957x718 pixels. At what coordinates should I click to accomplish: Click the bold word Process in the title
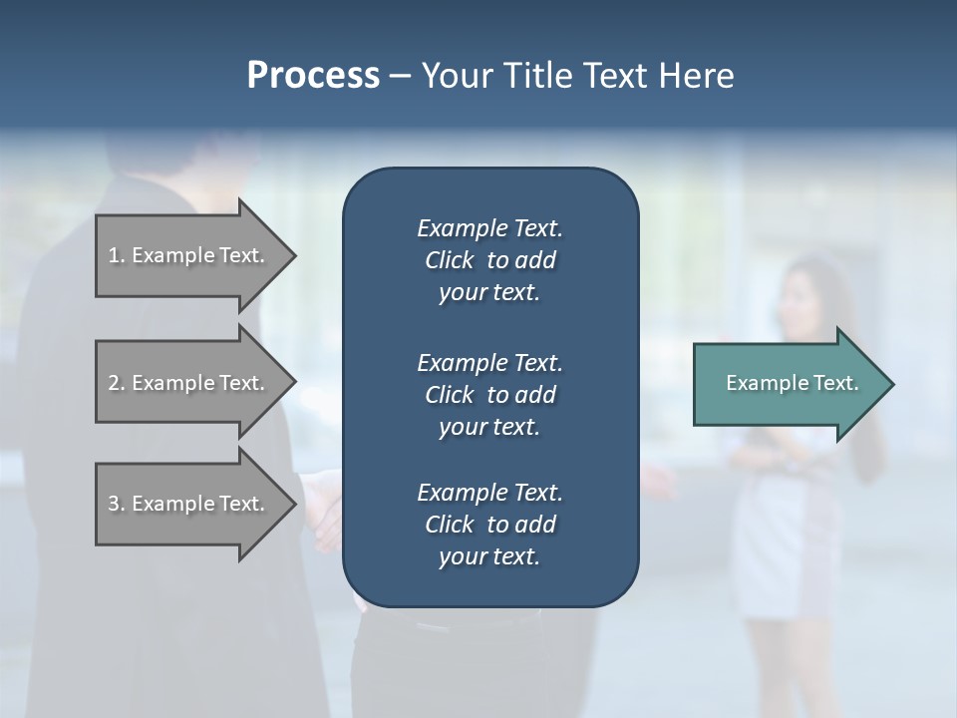(313, 76)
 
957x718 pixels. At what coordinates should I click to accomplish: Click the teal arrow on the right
(788, 384)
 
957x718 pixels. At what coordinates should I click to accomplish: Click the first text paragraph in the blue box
(489, 260)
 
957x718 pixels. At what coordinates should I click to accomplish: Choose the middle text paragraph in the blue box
(489, 394)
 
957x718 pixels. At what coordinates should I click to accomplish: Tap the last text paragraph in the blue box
(489, 525)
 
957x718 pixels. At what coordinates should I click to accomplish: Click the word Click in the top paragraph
(449, 260)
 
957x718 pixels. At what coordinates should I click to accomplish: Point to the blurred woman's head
(807, 294)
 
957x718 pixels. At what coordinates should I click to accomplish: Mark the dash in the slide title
(401, 76)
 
